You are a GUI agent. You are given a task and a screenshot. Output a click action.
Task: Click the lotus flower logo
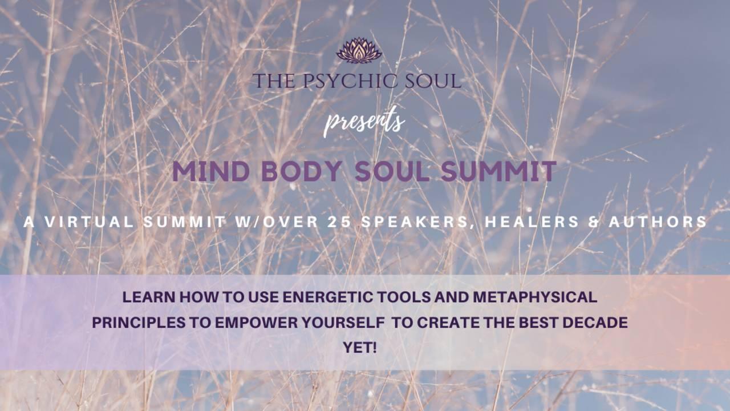[359, 50]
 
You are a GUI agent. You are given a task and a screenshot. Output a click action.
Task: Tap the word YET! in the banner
[359, 347]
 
